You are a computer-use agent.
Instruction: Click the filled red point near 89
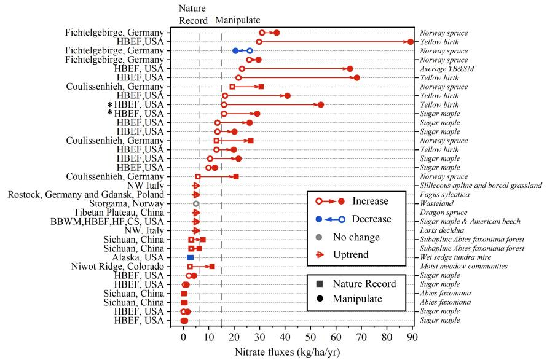pos(411,42)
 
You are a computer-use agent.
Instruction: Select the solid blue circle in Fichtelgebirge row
pos(235,51)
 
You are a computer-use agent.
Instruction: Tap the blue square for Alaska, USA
pos(191,257)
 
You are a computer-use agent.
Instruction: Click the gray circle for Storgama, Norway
pos(196,203)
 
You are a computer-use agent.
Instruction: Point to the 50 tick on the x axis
pos(310,327)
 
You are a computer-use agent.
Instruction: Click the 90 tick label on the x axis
pos(412,337)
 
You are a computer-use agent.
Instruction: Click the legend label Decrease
pos(368,219)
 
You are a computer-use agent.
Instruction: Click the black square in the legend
pos(321,284)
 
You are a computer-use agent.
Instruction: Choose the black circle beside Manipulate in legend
pos(321,299)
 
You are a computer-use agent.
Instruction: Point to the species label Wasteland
pos(436,203)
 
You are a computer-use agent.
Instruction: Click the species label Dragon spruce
pos(441,213)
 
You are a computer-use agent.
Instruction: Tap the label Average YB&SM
pos(446,69)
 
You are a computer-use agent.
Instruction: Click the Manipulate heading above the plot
pos(237,20)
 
